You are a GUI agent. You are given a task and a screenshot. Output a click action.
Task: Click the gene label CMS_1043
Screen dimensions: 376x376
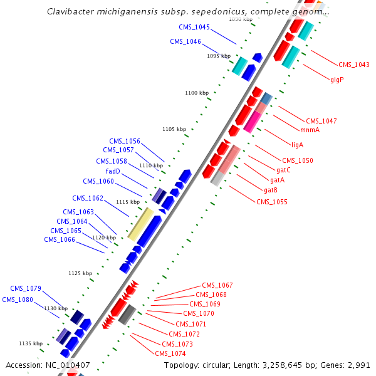point(354,65)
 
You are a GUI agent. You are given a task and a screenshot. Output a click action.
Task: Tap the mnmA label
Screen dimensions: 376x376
point(310,130)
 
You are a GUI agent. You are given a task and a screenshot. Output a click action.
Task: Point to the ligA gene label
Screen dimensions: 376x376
point(297,145)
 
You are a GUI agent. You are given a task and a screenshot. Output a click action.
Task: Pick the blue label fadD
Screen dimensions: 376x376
point(113,171)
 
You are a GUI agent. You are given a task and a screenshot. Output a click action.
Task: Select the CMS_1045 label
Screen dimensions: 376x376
point(194,27)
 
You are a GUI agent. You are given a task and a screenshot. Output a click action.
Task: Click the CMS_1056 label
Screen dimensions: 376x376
point(125,141)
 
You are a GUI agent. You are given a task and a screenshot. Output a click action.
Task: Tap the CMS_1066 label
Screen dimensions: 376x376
point(60,239)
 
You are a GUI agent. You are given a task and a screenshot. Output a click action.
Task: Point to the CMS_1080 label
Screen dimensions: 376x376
point(18,300)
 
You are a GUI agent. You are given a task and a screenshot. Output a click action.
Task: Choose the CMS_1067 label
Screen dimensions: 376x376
point(217,285)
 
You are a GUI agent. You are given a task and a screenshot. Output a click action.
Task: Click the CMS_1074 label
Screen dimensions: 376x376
point(170,353)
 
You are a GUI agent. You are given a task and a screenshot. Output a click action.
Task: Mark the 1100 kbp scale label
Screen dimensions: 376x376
point(197,93)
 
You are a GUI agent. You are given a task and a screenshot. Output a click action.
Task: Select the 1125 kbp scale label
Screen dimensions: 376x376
point(80,273)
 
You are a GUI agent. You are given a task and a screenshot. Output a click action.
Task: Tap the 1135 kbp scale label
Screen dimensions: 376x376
point(31,343)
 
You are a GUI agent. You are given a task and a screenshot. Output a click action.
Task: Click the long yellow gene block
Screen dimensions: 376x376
point(140,223)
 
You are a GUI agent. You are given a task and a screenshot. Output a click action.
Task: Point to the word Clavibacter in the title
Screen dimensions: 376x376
point(71,12)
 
